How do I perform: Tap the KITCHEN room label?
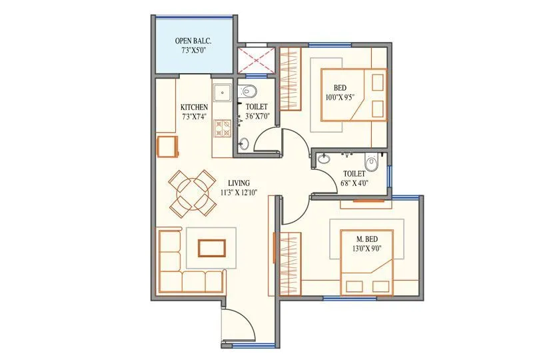[194, 107]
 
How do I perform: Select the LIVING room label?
[238, 183]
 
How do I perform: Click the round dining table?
[191, 192]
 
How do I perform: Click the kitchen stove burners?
[223, 127]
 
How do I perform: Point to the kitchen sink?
[223, 92]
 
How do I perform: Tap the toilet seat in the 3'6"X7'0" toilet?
[249, 91]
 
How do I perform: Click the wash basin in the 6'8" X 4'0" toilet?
[324, 159]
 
